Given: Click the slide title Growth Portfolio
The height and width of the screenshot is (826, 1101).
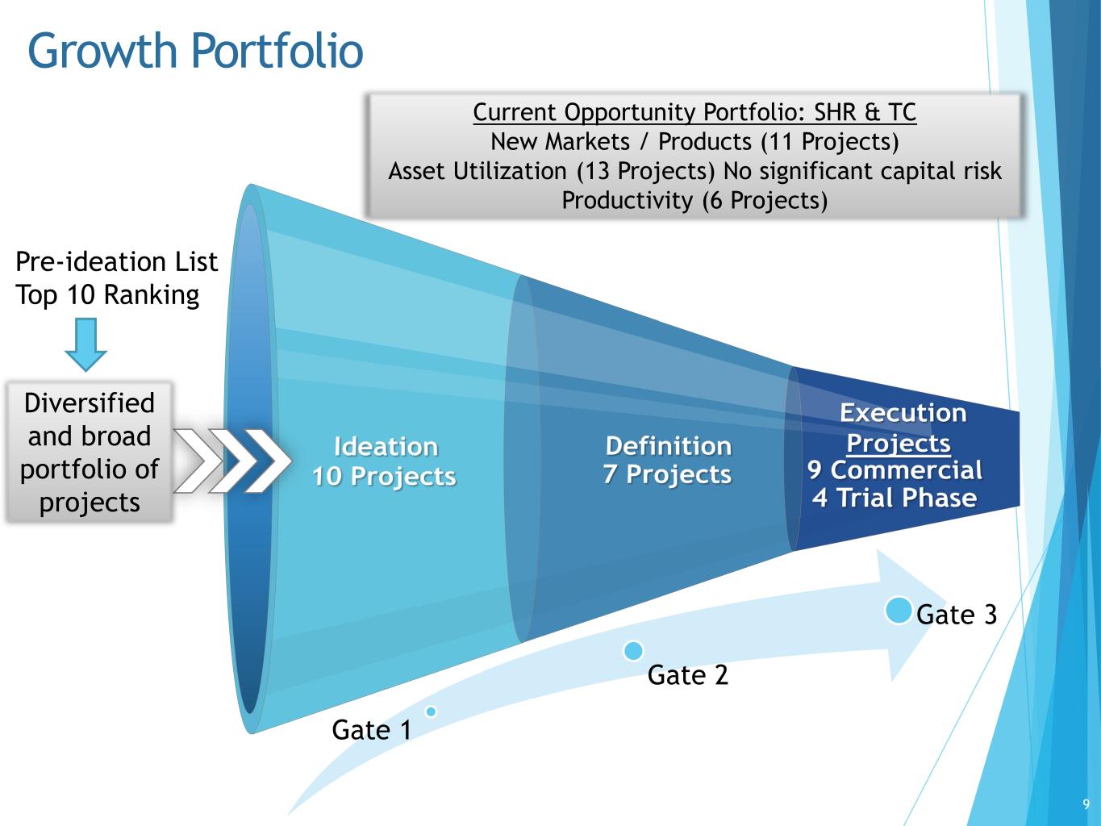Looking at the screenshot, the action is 195,52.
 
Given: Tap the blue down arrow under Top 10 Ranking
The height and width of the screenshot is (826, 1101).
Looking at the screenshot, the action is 85,344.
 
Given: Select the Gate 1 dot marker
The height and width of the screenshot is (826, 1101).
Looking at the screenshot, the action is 431,711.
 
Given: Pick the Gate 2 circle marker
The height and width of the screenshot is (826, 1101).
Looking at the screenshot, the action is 633,650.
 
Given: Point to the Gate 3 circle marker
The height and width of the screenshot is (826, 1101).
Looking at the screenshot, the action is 898,611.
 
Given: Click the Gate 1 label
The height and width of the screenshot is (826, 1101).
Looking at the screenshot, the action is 372,730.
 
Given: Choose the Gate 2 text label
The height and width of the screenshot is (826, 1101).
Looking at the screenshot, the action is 688,674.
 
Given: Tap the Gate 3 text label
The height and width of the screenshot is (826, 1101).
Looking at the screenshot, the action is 957,615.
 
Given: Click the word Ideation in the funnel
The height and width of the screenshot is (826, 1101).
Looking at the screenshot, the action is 386,446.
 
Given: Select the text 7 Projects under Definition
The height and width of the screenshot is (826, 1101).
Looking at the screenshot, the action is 667,474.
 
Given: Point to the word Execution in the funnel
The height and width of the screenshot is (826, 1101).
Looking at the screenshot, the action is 903,413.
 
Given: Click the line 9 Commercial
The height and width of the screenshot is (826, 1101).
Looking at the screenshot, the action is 895,470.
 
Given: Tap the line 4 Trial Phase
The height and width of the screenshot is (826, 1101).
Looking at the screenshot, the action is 895,498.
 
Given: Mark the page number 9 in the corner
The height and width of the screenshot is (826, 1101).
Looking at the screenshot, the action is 1086,804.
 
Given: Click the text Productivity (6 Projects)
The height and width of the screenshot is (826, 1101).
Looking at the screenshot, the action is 694,200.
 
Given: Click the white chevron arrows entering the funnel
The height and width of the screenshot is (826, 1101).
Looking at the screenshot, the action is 232,461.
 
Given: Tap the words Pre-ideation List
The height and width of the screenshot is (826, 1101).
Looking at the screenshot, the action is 116,262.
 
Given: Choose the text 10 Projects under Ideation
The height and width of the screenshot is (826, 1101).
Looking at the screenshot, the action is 384,476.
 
